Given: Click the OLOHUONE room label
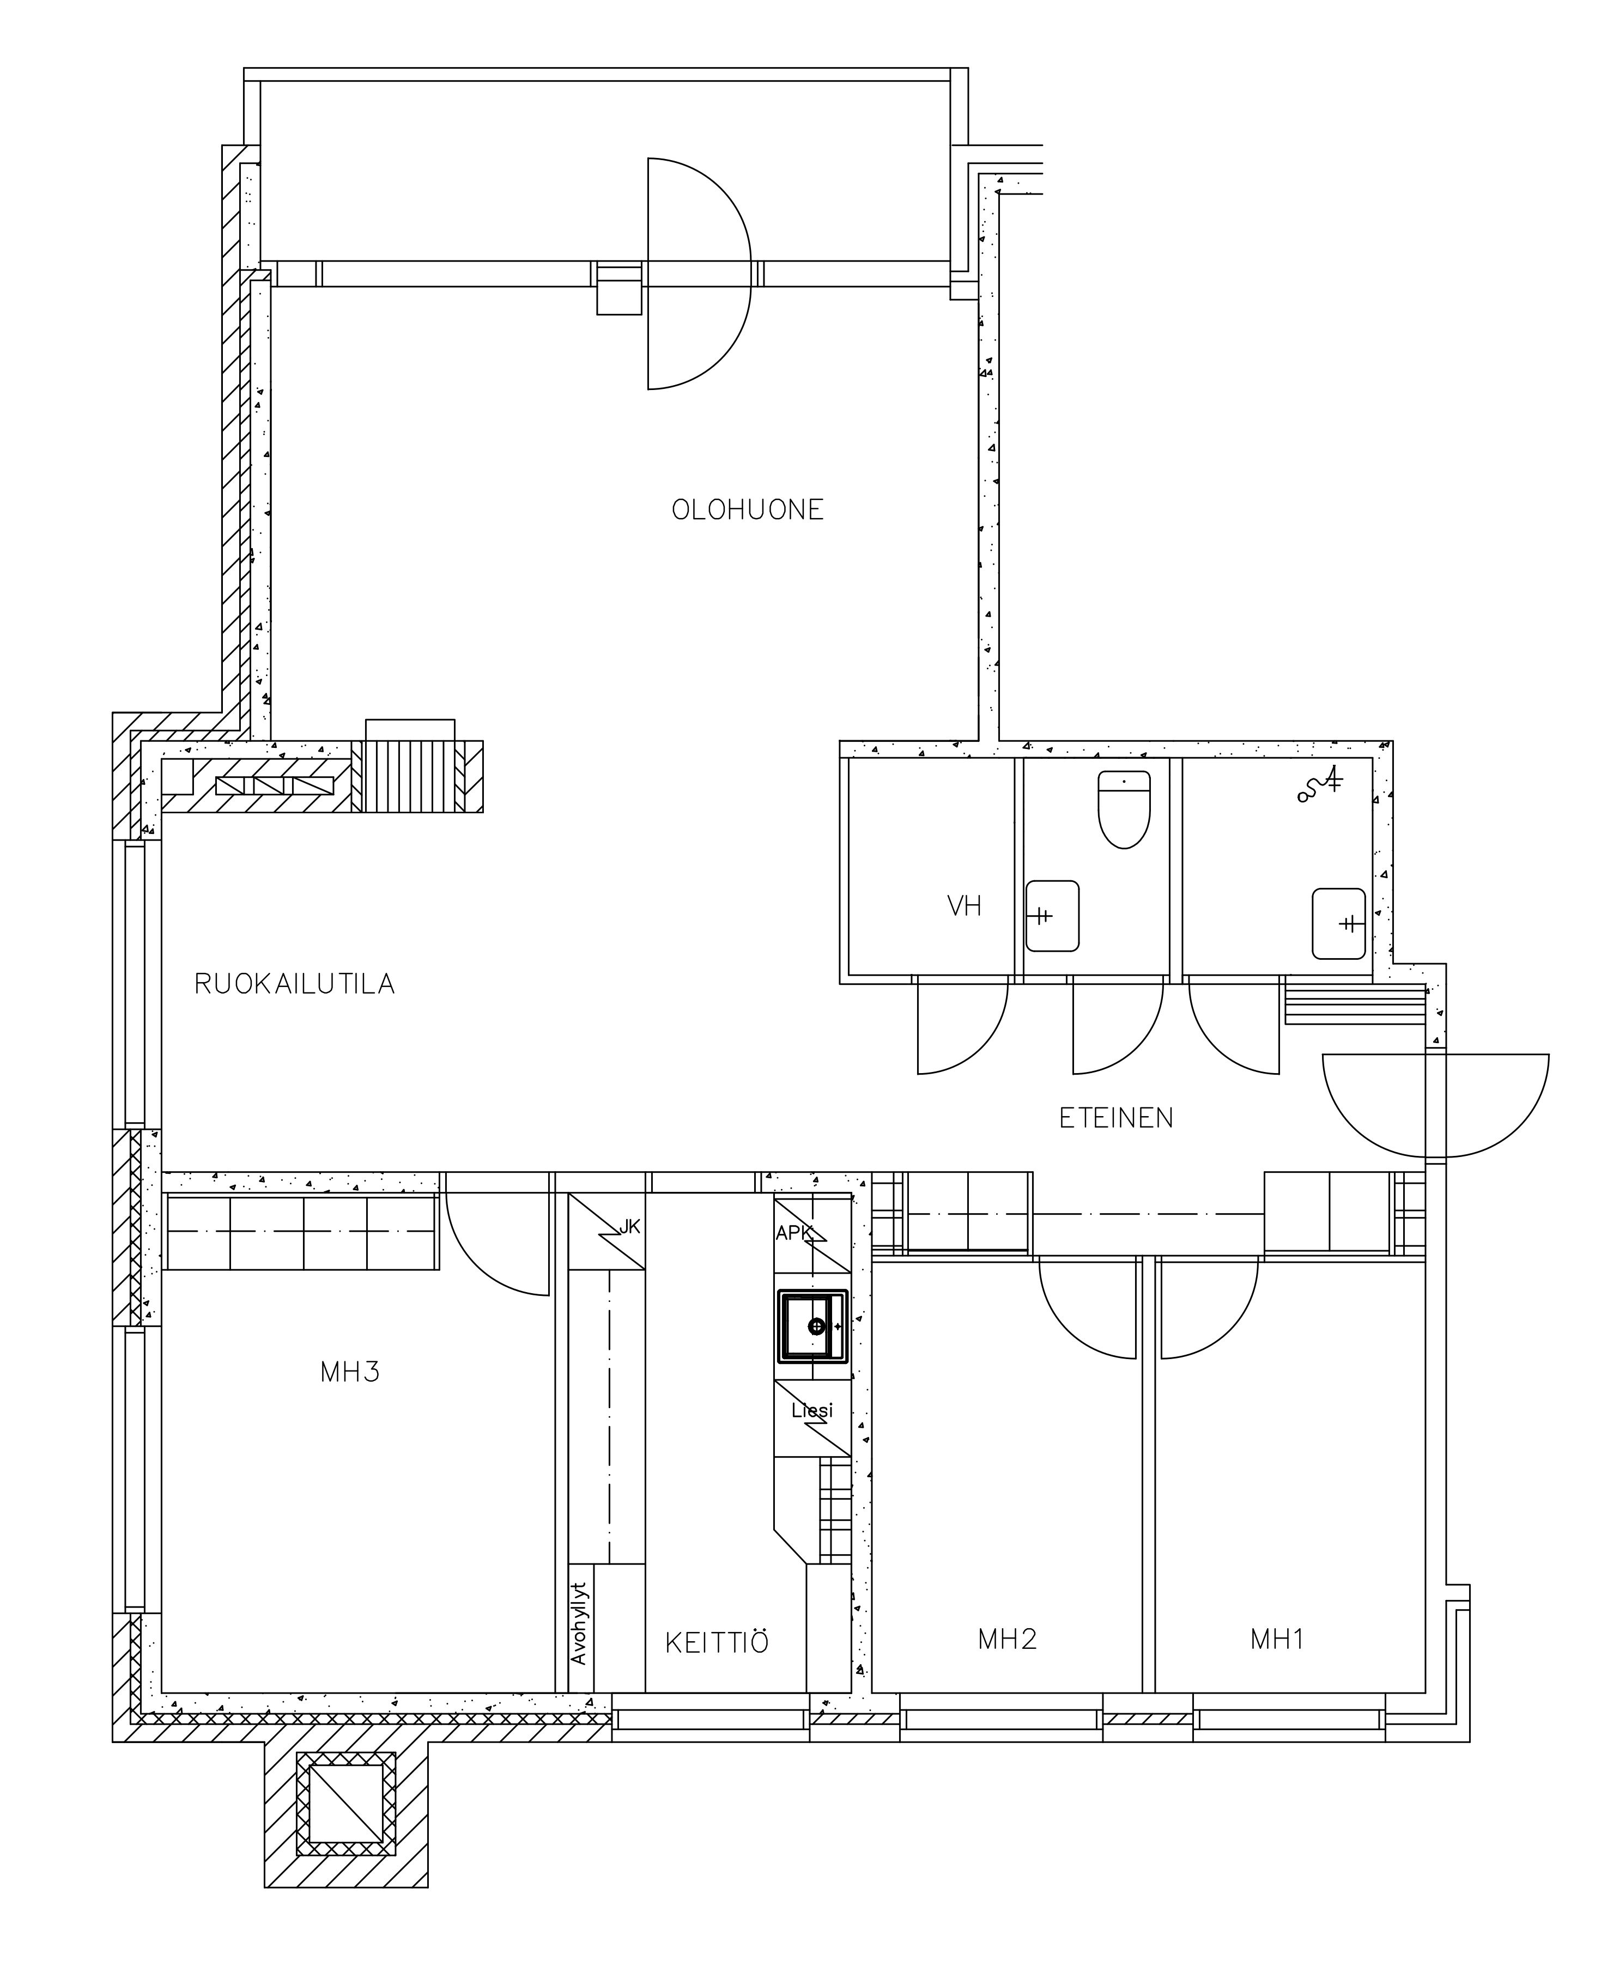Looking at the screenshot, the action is [x=748, y=510].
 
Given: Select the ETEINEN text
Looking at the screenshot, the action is [x=1116, y=1118].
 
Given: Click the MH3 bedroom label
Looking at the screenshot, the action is [x=350, y=1372].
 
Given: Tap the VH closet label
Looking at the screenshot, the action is [x=965, y=906].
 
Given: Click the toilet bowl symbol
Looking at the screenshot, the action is [x=1124, y=809].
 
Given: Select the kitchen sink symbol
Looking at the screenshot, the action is [x=813, y=1326].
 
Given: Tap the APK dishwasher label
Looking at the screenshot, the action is [x=795, y=1233].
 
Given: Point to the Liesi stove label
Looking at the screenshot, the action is [x=812, y=1410].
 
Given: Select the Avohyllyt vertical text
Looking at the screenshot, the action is [x=580, y=1623].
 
